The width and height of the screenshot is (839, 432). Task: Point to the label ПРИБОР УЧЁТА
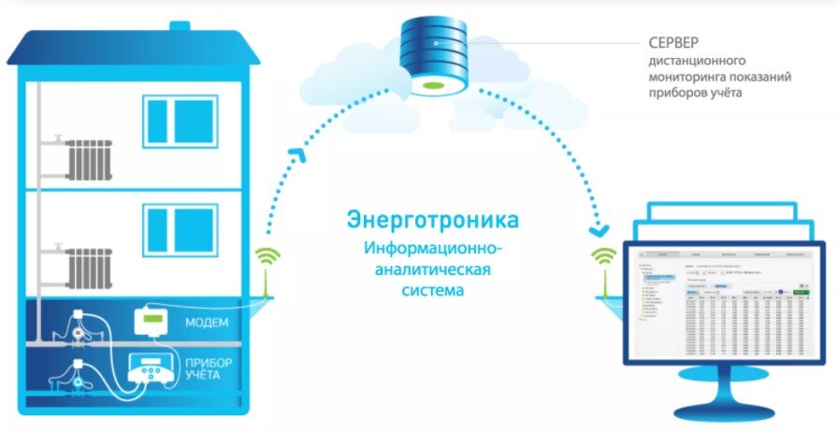(208, 368)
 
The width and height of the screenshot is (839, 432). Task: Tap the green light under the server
(431, 86)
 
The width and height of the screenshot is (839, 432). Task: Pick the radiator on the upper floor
(89, 160)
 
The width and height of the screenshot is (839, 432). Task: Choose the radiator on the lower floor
(90, 267)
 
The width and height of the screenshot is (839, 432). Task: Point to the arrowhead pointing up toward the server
(297, 152)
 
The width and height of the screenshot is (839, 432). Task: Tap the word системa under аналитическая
(434, 290)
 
